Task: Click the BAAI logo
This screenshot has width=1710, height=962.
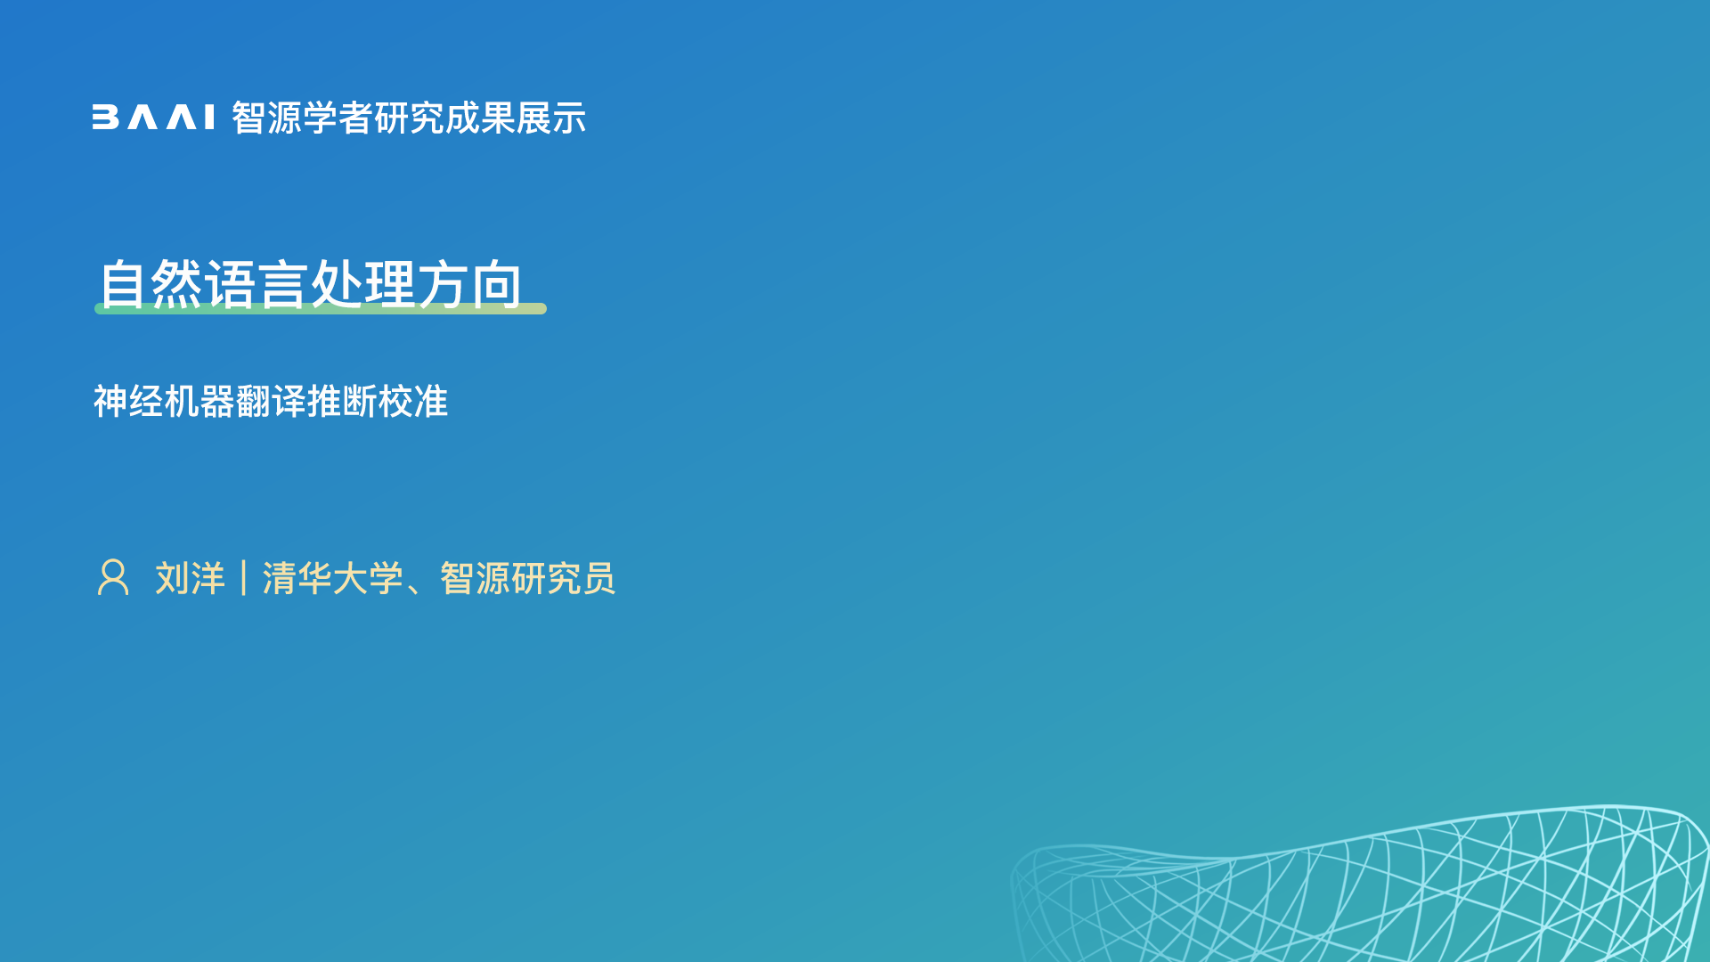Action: click(153, 118)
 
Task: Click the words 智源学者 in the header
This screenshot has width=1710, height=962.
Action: click(302, 118)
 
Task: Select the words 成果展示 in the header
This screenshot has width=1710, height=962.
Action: click(516, 118)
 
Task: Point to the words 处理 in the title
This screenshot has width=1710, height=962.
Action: click(363, 284)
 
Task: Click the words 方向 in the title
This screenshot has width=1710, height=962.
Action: click(470, 284)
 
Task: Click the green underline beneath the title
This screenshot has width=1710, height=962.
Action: click(321, 308)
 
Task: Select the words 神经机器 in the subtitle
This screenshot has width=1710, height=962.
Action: click(164, 401)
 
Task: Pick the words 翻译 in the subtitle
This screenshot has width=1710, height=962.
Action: click(271, 401)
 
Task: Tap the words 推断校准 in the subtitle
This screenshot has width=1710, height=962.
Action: click(377, 401)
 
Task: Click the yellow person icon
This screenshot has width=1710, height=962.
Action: click(113, 577)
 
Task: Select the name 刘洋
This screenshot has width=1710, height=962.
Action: click(190, 578)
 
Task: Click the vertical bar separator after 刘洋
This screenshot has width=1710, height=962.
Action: click(243, 578)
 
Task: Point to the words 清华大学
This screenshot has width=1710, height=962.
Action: click(332, 578)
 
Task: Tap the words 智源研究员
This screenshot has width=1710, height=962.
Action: click(527, 578)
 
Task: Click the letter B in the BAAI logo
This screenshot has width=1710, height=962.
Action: click(105, 118)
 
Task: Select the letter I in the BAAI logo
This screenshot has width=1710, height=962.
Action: click(209, 118)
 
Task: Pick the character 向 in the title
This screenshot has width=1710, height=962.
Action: click(497, 284)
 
